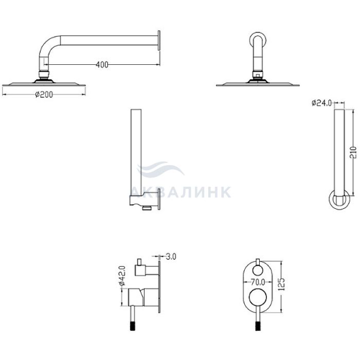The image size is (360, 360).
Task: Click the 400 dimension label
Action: click(102, 65)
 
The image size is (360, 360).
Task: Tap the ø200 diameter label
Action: click(44, 94)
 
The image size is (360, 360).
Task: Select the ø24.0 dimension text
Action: click(321, 103)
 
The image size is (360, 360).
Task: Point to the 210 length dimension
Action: click(353, 152)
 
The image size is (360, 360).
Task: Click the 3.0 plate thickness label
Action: click(171, 257)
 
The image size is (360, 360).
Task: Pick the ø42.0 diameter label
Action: click(122, 276)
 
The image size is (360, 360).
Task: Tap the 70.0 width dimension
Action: click(258, 281)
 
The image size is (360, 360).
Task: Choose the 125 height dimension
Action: click(282, 284)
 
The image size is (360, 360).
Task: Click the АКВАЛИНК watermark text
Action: click(182, 192)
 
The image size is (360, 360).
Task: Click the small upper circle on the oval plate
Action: click(258, 270)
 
